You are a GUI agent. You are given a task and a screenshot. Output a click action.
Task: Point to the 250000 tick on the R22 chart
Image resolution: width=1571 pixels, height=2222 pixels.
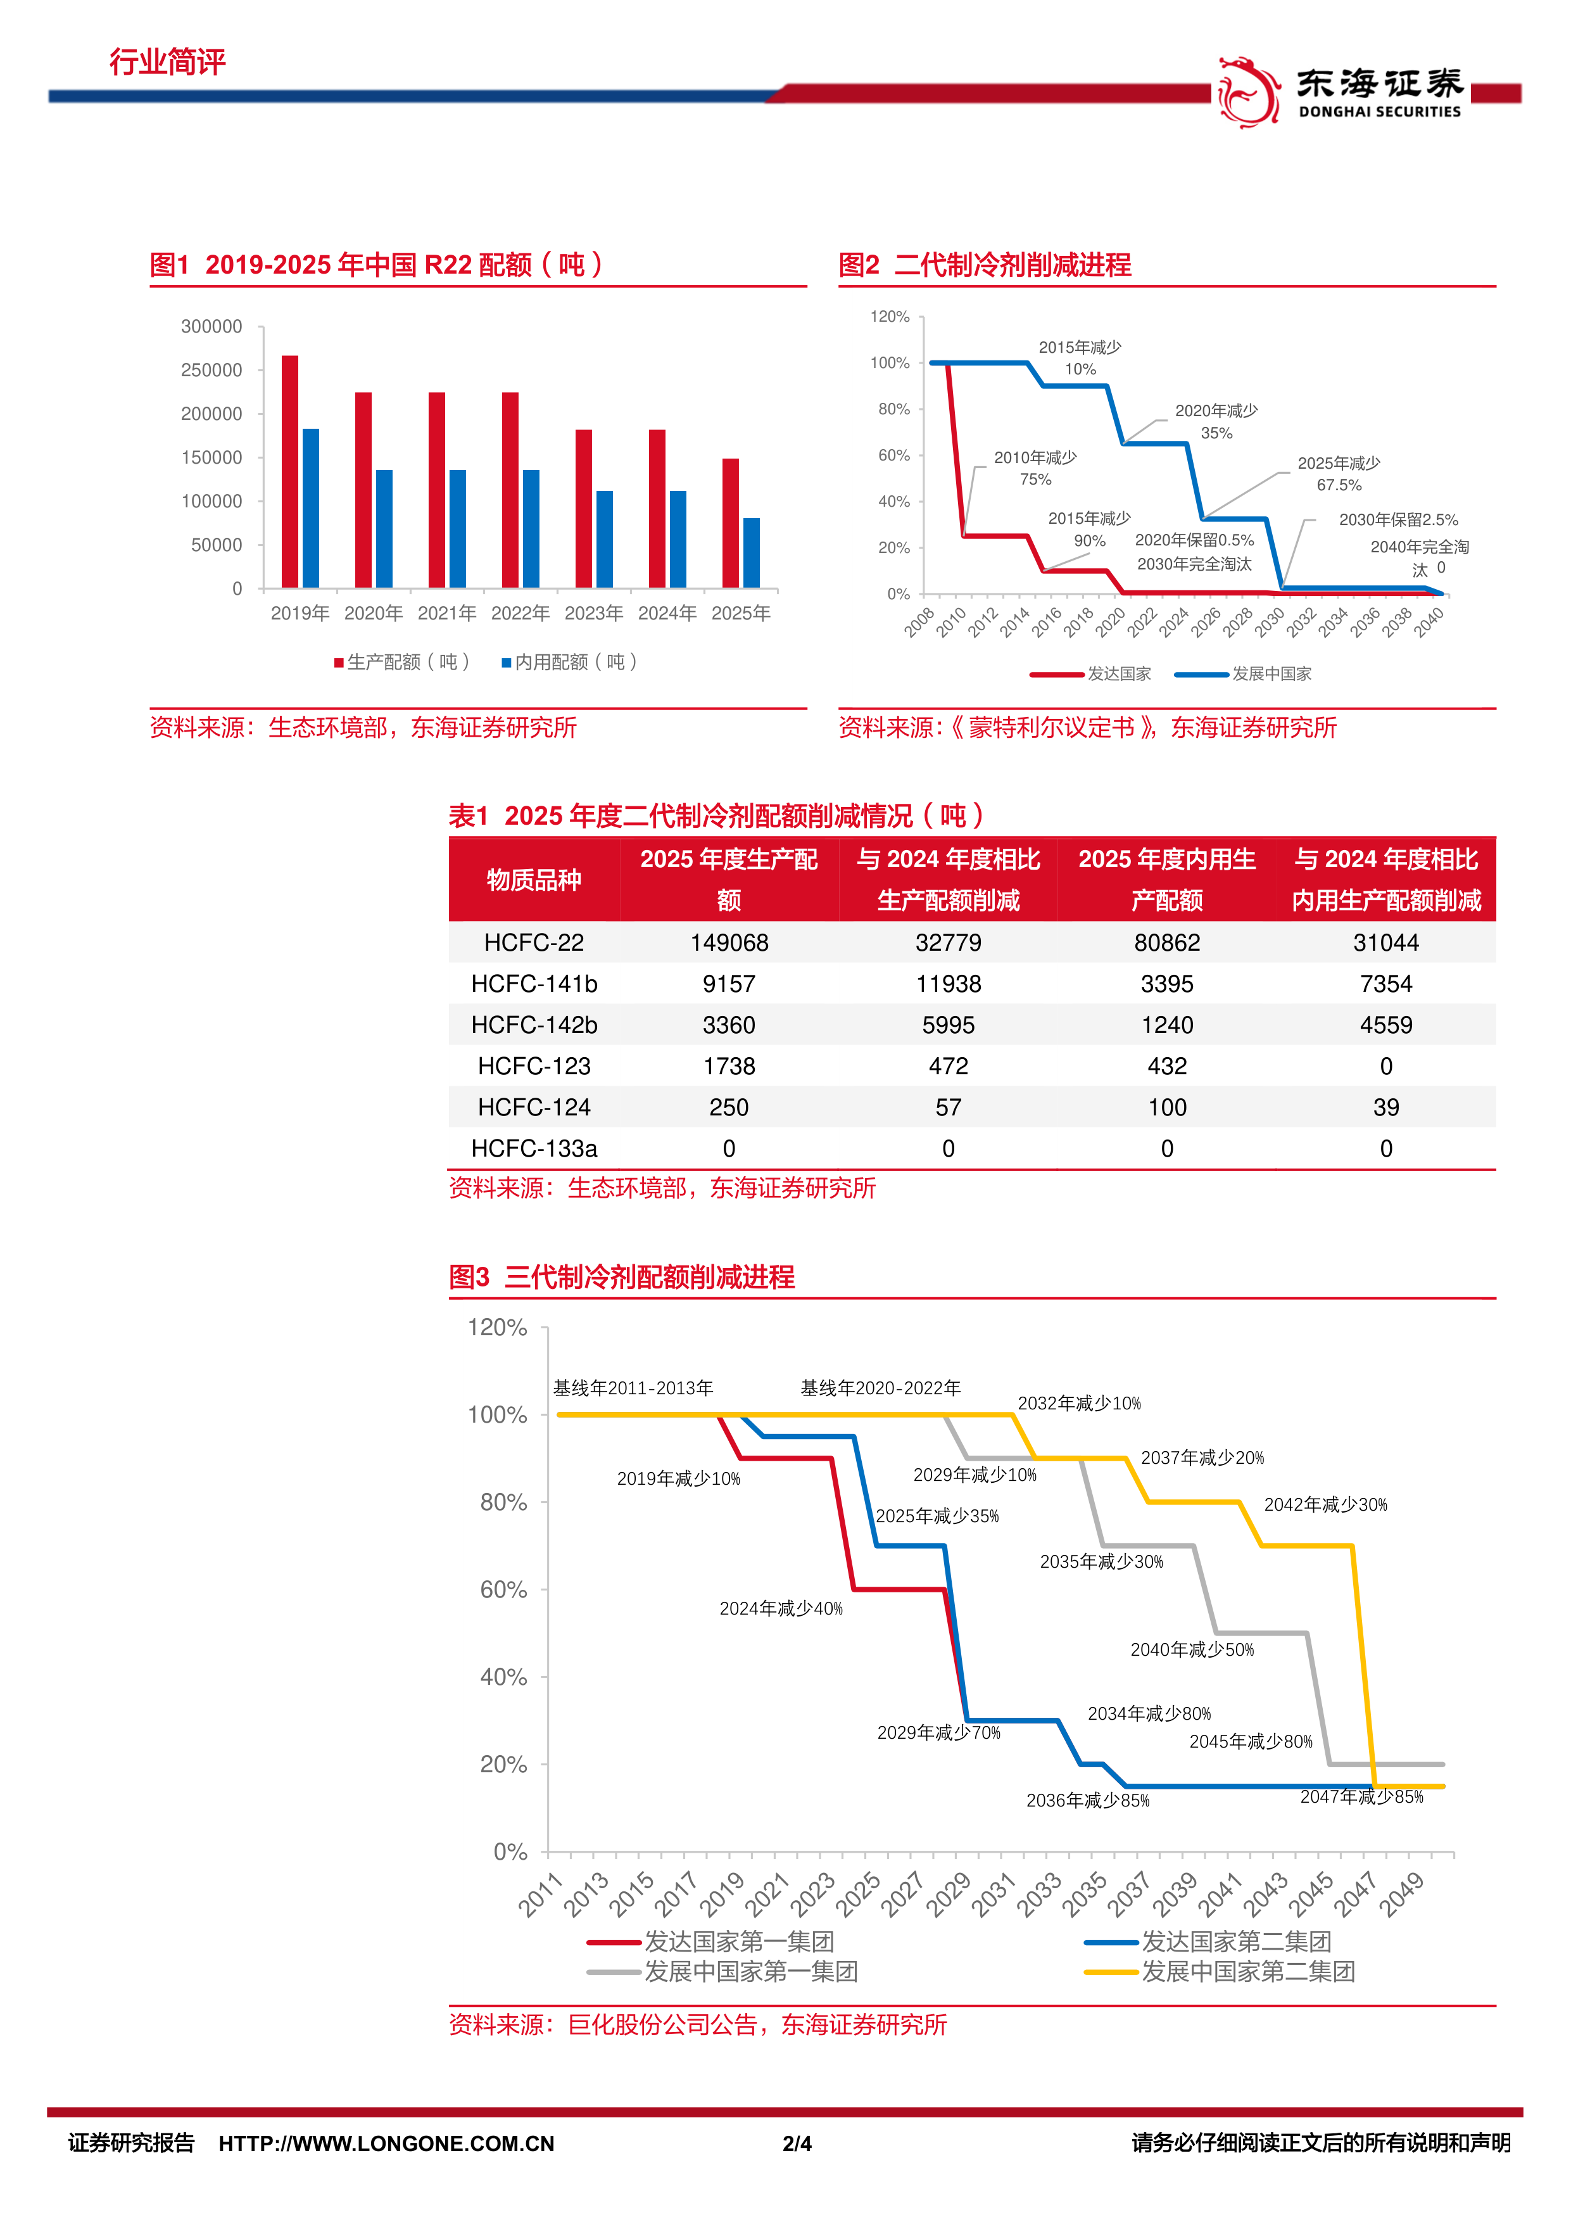click(x=212, y=370)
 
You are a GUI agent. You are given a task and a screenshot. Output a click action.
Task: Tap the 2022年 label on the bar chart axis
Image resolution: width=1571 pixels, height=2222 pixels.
click(x=521, y=613)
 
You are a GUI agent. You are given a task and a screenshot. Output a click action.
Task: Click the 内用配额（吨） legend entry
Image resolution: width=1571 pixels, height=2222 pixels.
click(x=570, y=662)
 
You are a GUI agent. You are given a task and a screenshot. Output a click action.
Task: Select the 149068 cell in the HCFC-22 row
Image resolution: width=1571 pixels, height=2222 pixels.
click(x=729, y=943)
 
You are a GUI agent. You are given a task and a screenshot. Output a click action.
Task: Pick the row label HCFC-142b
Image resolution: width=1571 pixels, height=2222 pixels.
click(x=534, y=1025)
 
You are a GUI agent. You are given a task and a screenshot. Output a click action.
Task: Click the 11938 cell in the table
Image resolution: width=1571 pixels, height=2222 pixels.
click(x=948, y=984)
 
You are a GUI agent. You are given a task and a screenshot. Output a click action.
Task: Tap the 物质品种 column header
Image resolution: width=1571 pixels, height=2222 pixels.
click(x=534, y=880)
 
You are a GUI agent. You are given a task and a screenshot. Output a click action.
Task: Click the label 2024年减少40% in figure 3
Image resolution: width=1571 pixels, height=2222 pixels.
click(x=781, y=1608)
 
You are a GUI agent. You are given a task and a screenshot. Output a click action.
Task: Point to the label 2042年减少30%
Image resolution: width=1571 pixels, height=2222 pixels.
click(x=1325, y=1505)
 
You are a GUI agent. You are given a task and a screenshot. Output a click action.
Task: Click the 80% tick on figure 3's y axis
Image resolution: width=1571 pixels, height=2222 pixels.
click(x=504, y=1502)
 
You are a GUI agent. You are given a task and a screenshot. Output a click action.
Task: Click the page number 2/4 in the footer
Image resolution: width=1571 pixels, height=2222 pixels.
click(x=797, y=2143)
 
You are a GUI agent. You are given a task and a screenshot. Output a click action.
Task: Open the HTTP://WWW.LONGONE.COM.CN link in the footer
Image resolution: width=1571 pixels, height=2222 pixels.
click(x=387, y=2143)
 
